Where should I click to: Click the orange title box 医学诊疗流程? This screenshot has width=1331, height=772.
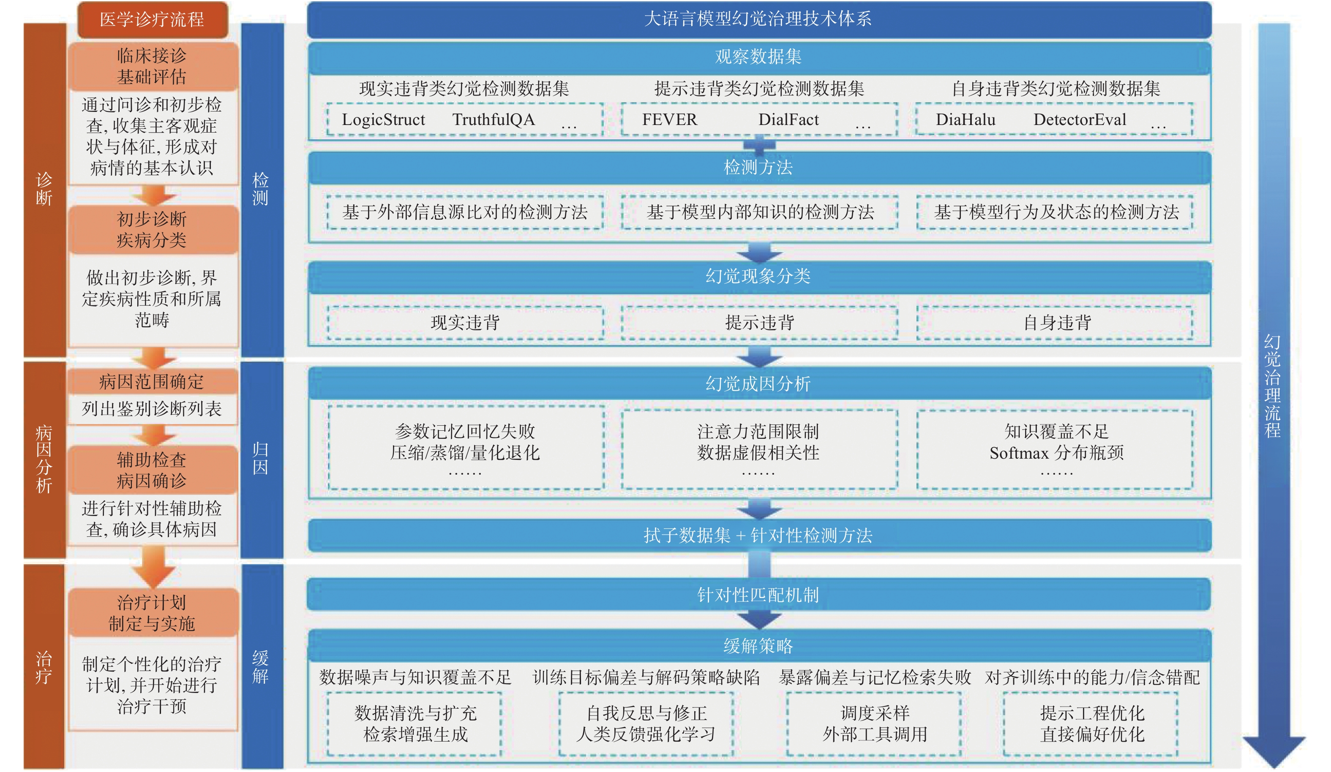click(153, 19)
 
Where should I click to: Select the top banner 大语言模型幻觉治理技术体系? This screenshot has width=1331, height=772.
click(759, 19)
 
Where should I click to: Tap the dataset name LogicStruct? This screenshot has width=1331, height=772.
click(384, 120)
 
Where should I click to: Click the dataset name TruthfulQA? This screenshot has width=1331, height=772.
click(494, 120)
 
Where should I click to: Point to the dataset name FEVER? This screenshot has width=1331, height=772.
click(670, 120)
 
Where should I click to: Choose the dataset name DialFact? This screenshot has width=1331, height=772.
click(788, 120)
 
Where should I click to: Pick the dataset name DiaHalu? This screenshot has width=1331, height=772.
click(966, 120)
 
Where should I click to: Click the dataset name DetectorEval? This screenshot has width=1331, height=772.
click(1080, 120)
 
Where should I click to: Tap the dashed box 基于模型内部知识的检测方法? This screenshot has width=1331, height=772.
click(760, 212)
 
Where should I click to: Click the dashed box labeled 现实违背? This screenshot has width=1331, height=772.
click(465, 322)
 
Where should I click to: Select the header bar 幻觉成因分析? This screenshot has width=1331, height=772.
click(759, 383)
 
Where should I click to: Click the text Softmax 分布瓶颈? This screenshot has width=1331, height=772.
click(1056, 453)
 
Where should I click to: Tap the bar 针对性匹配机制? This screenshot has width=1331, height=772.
click(759, 595)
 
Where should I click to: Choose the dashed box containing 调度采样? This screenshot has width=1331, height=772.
click(874, 724)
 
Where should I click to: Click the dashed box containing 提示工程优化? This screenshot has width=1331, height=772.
click(1091, 724)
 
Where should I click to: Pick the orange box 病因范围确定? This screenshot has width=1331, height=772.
click(153, 381)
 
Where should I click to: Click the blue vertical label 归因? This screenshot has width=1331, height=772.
click(260, 458)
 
